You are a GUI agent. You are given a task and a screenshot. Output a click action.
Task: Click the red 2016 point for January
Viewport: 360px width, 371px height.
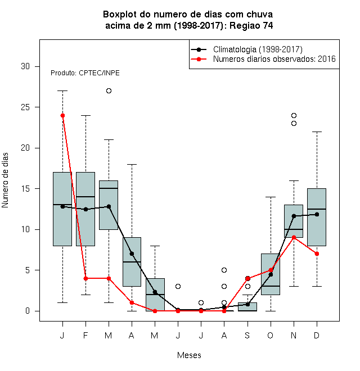[62, 115]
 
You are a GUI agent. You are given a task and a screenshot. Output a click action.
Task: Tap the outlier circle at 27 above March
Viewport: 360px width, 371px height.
[109, 91]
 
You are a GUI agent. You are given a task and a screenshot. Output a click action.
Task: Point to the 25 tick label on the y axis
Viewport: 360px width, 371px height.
[25, 107]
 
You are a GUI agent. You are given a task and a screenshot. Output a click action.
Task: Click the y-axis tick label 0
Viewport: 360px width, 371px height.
[28, 311]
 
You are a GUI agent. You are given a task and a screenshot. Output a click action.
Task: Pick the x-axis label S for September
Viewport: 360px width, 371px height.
[247, 335]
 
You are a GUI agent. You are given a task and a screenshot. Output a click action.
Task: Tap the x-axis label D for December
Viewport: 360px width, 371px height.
[317, 335]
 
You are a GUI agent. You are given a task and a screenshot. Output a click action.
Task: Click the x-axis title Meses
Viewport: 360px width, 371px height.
[189, 355]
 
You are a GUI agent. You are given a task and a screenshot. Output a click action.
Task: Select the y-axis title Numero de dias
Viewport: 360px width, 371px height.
[5, 180]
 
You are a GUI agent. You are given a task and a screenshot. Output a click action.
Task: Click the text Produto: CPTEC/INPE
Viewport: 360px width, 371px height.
[85, 73]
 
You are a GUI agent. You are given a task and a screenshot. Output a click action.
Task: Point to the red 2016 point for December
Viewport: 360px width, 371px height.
[317, 254]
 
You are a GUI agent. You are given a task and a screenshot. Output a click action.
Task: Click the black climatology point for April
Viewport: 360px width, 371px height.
[132, 254]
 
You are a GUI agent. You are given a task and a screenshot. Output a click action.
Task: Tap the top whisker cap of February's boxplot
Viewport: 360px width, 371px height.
[85, 115]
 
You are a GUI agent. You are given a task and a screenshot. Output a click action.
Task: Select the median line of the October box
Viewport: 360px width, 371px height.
[271, 286]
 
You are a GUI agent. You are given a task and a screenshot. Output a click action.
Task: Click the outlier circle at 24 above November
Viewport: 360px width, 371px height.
[294, 115]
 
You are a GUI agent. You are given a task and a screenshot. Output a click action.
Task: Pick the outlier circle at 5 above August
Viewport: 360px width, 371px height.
[224, 270]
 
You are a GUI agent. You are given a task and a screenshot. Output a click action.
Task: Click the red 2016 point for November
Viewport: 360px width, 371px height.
[294, 237]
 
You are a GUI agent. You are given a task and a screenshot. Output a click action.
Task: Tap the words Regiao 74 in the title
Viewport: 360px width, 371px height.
[251, 25]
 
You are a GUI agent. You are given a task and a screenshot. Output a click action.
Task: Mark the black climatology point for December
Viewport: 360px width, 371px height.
[317, 214]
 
